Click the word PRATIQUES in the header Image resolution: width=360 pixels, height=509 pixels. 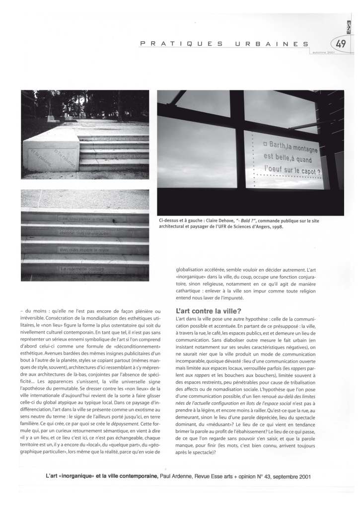[181, 44]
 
